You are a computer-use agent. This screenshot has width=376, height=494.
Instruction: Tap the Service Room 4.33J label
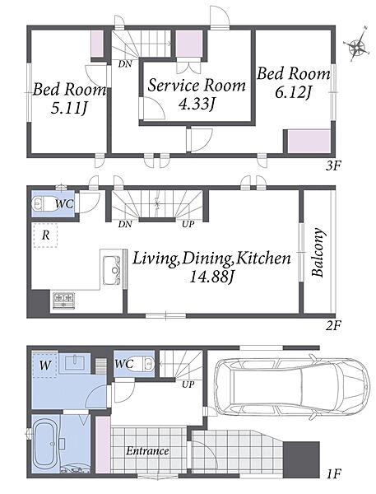197,95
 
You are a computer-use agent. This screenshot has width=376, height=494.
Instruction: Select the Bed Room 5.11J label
69,99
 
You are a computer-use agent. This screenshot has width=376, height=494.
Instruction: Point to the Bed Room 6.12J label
294,82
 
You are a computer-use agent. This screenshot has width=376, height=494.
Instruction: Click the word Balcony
318,252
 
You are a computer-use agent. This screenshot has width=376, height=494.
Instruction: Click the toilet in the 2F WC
42,204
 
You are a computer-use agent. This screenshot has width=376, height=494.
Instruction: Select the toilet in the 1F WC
147,364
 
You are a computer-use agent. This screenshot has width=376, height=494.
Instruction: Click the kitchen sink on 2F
111,270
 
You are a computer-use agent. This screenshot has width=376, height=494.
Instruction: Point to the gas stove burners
63,301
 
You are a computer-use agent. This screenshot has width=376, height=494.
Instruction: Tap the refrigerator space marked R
45,235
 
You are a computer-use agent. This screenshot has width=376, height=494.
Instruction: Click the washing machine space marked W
44,365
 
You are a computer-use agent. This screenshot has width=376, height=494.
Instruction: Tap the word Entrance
147,451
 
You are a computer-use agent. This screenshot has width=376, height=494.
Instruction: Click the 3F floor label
334,165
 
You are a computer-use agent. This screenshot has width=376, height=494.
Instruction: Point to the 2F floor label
334,325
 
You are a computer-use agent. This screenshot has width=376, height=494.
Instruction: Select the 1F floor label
334,473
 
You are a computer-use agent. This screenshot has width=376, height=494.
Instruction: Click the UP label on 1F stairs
188,384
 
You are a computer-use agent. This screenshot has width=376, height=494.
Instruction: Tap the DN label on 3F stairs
125,64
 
